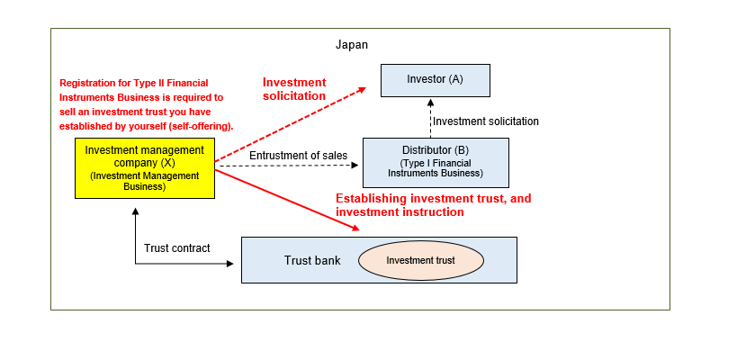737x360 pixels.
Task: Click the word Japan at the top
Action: click(x=351, y=44)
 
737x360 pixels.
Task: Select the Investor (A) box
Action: click(x=435, y=80)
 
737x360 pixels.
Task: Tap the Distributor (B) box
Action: click(x=436, y=162)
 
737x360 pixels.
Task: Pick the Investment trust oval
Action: click(x=421, y=260)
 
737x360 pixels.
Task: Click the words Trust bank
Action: click(x=312, y=260)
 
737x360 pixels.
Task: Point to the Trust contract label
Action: click(x=176, y=247)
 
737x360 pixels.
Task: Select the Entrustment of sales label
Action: click(x=298, y=156)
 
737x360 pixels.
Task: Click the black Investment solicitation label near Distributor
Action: click(x=486, y=121)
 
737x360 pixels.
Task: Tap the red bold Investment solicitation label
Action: click(x=294, y=89)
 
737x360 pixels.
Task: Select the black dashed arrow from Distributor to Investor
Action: click(x=427, y=117)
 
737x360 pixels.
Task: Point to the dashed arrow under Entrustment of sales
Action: click(x=288, y=166)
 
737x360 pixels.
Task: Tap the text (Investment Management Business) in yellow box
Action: click(x=144, y=181)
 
